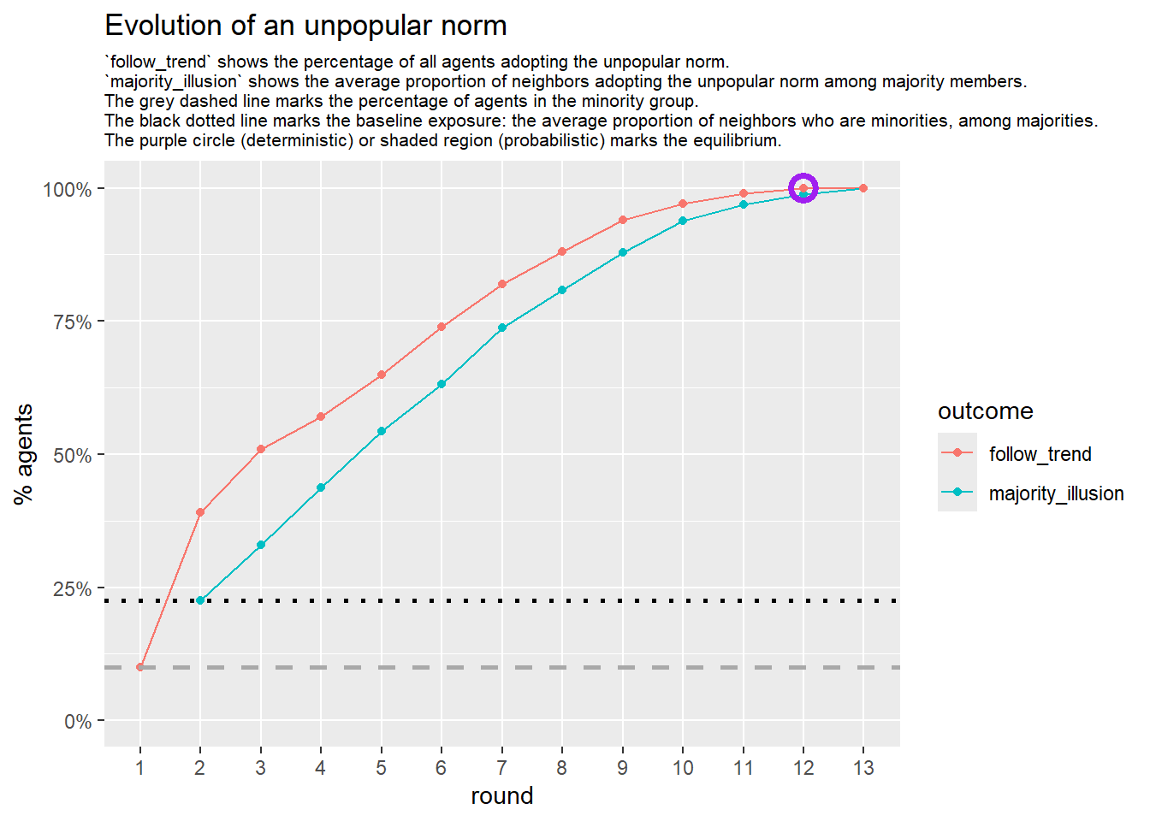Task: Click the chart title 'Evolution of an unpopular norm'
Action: click(x=305, y=26)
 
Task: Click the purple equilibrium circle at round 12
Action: click(x=803, y=188)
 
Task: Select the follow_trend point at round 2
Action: click(x=200, y=513)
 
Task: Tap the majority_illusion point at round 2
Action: click(x=200, y=600)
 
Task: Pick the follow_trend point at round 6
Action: click(x=442, y=327)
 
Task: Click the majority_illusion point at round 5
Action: click(x=382, y=431)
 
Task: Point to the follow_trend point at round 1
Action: click(x=140, y=667)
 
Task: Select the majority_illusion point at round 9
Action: click(x=623, y=253)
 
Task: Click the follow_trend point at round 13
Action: click(x=863, y=188)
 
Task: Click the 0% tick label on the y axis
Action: click(x=78, y=722)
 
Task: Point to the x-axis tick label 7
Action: click(x=501, y=768)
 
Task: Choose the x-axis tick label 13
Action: click(x=863, y=768)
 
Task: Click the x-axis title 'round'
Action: click(x=501, y=796)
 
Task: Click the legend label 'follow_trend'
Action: click(x=1040, y=454)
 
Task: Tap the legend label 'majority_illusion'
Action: click(x=1056, y=493)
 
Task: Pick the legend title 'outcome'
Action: click(x=985, y=411)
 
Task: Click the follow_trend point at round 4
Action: click(x=321, y=417)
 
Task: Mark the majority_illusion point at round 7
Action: click(x=502, y=328)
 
